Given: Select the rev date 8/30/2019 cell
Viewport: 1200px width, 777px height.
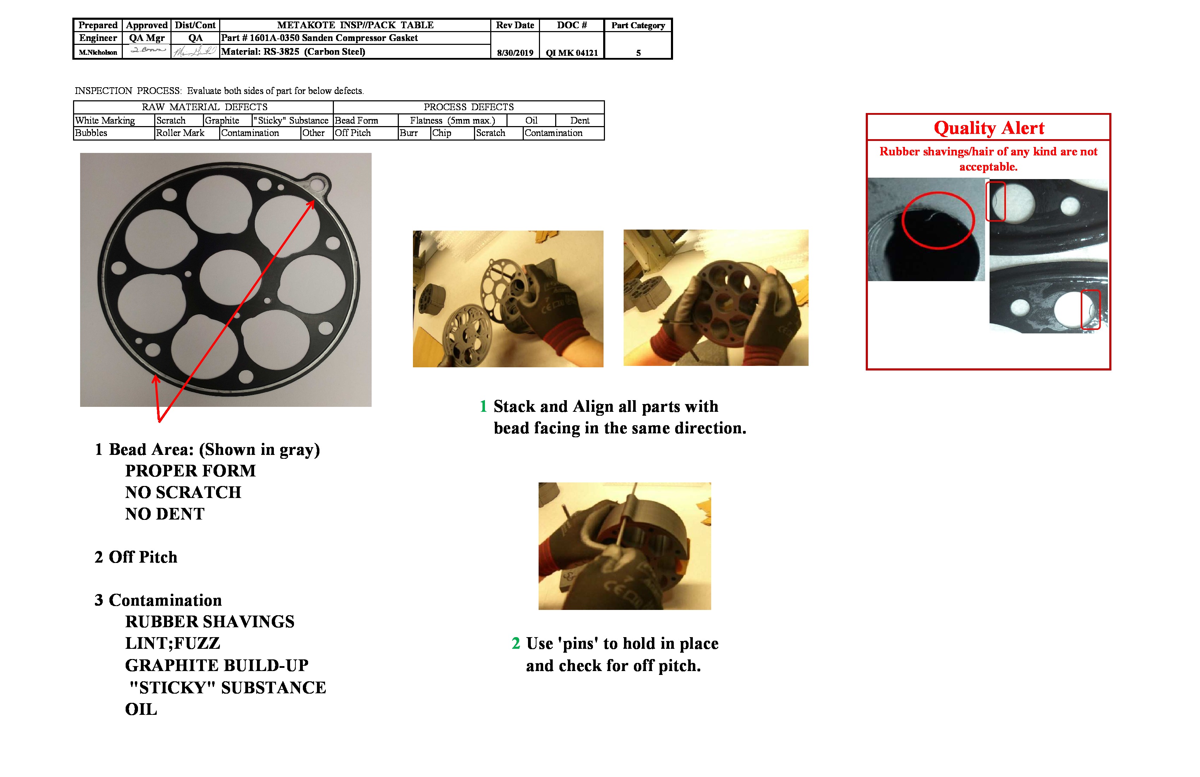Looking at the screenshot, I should (x=515, y=53).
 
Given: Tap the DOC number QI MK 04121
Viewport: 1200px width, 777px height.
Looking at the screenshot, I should (x=571, y=53).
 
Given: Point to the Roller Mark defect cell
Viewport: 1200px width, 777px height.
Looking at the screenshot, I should (x=180, y=133).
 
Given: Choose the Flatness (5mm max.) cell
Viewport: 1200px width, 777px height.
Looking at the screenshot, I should (x=452, y=120).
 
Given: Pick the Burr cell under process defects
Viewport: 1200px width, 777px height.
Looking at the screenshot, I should (x=409, y=133).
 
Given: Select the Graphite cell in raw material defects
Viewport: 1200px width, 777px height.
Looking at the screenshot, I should (x=222, y=120).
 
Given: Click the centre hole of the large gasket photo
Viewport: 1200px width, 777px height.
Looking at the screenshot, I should (x=230, y=277).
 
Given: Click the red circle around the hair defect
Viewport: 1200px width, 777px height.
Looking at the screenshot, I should (x=938, y=220).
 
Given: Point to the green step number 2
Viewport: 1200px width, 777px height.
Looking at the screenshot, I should (x=515, y=643).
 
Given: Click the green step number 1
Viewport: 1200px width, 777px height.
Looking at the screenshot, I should (x=483, y=406).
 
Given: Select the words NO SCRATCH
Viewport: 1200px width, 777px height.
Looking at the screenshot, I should (x=183, y=492).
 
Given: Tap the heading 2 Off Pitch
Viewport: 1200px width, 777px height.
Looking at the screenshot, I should (x=136, y=557).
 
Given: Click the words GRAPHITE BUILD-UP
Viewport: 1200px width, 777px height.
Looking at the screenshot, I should (x=216, y=665).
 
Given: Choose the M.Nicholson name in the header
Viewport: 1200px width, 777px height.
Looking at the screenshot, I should (x=98, y=53).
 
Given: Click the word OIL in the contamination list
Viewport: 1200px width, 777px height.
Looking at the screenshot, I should (x=141, y=709).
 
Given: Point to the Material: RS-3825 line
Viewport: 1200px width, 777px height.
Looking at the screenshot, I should (x=293, y=52).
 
